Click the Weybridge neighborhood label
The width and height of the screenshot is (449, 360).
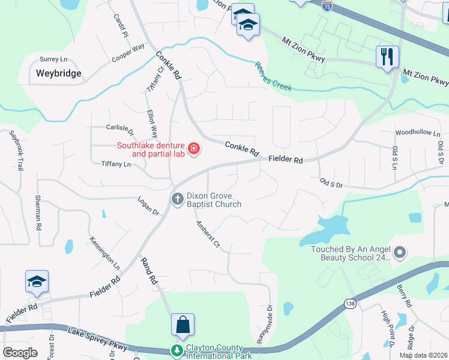58,74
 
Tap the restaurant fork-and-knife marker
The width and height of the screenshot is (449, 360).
387,57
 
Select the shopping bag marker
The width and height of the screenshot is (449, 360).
182,325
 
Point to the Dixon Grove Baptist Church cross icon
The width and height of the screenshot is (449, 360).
177,199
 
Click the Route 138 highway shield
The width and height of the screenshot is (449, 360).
349,304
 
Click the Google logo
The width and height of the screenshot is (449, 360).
20,353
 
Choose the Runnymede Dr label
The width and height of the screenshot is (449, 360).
265,325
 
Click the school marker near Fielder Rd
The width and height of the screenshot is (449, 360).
37,282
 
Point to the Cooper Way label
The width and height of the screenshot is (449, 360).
128,53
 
